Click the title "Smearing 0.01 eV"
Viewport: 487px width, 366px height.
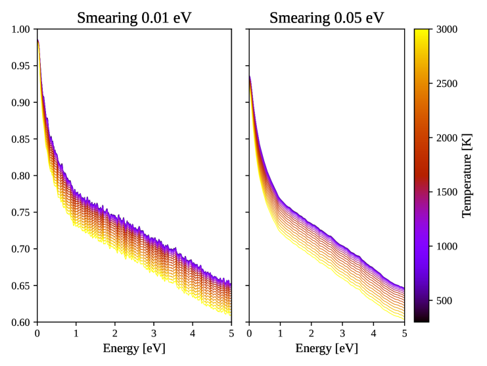[x=134, y=17]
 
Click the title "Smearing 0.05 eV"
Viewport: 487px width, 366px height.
[x=327, y=17]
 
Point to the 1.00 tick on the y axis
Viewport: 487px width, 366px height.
[x=21, y=30]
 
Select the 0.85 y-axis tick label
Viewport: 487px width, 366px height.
[x=21, y=140]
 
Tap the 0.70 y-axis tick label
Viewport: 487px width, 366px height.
[x=21, y=249]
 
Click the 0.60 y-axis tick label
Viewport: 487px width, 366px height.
[x=21, y=323]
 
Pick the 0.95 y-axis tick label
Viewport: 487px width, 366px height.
[x=21, y=66]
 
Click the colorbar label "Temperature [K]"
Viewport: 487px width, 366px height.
[x=467, y=175]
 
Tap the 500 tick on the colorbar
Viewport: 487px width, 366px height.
[x=444, y=301]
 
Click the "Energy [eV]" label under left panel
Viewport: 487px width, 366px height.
[x=134, y=348]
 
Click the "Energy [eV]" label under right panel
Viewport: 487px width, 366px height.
[x=327, y=348]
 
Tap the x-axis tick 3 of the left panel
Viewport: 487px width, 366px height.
[x=154, y=333]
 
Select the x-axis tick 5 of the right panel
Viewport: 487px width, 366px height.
[x=404, y=333]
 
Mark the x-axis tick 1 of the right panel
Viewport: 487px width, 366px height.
[x=280, y=333]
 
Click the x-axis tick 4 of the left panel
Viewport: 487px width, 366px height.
[x=193, y=333]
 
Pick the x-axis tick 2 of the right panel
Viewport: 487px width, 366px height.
[x=311, y=333]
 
